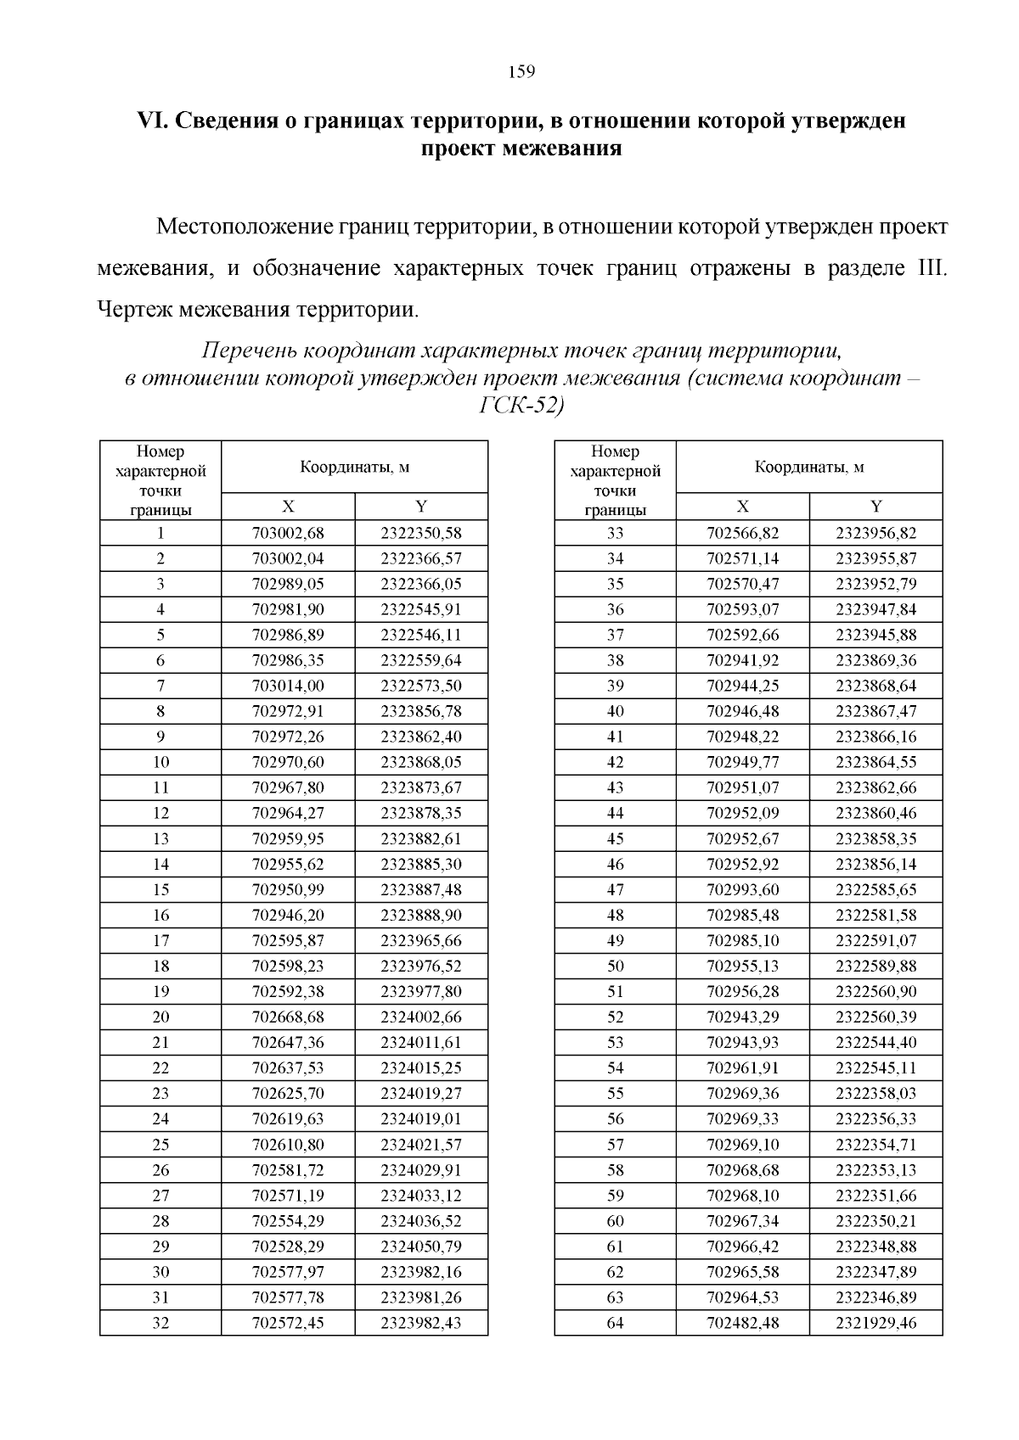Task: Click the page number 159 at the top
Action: point(521,72)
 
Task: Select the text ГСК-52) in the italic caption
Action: point(521,406)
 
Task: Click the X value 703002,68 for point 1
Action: point(288,534)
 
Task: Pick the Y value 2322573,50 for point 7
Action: point(420,686)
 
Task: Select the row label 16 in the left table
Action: point(160,915)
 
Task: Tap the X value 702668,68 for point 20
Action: point(288,1017)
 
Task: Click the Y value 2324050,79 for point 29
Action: point(420,1247)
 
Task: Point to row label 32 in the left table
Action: point(160,1323)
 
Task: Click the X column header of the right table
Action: point(742,507)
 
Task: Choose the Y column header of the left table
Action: point(420,507)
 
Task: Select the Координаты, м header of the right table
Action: point(809,467)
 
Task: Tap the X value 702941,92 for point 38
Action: point(742,660)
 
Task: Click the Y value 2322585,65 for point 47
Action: point(875,889)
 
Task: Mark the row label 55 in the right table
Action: point(615,1093)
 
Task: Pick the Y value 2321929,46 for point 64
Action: point(875,1323)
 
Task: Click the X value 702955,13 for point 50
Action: point(742,966)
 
